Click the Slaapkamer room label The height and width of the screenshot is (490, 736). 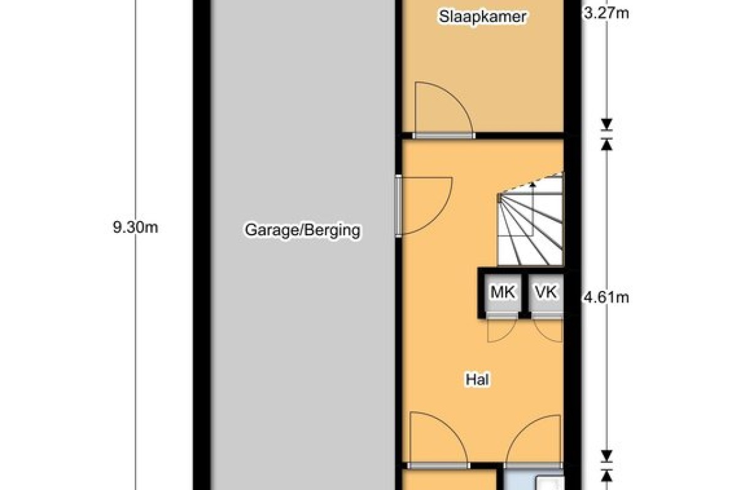point(483,17)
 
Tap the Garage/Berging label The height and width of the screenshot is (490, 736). point(302,230)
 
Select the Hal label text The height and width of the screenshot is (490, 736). point(477,380)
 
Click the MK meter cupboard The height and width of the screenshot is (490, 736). point(502,292)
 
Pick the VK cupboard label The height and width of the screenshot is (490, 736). point(546,292)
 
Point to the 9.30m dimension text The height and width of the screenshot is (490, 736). point(136,227)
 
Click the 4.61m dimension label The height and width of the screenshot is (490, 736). point(606,298)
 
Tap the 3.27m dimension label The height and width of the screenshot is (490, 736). point(606,14)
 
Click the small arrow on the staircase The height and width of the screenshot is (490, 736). point(532,185)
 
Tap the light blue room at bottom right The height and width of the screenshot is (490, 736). point(533,480)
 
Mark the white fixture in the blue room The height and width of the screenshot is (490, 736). point(550,484)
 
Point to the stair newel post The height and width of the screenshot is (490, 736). point(500,198)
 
